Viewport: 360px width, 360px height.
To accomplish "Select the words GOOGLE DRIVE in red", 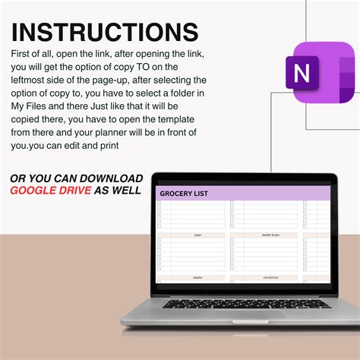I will pos(50,190).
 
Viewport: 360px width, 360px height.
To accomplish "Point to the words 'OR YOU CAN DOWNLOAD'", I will pos(76,178).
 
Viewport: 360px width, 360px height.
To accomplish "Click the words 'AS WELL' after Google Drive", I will pos(117,190).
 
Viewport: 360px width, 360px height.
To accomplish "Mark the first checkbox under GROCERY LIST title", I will pos(159,204).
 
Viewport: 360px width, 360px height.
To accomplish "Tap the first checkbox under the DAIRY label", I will pos(159,241).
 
